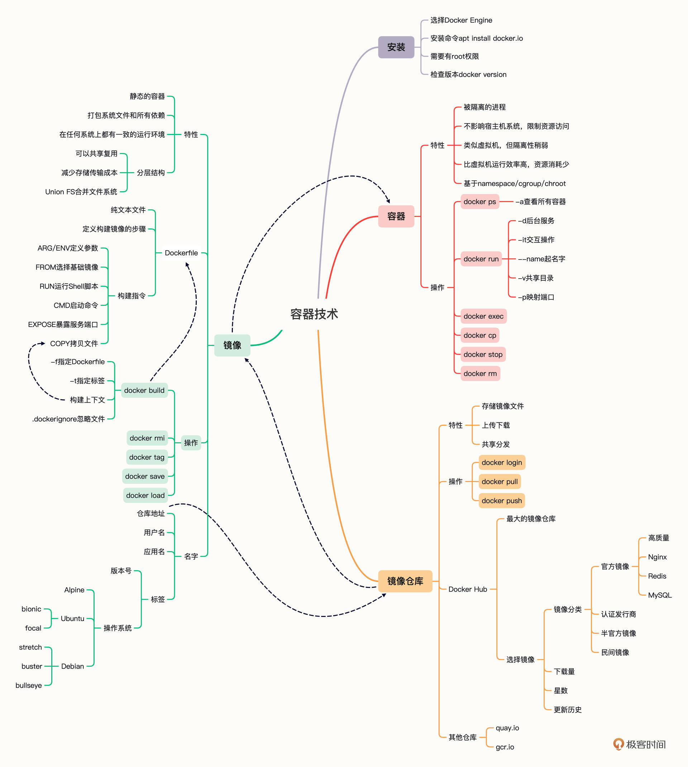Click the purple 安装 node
tap(396, 47)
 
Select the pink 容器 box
tap(396, 216)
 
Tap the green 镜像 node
tap(232, 345)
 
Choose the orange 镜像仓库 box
tap(405, 581)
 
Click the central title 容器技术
tap(314, 314)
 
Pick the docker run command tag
tap(481, 259)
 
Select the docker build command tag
tap(144, 390)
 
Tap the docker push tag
tap(501, 501)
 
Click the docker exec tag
tap(483, 316)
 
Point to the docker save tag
tap(145, 476)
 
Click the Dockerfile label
tap(181, 253)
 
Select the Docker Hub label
tap(468, 589)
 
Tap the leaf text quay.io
tap(507, 728)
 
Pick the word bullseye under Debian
tap(29, 685)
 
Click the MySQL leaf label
tap(660, 595)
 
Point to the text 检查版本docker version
tap(468, 74)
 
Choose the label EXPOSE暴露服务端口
tap(63, 324)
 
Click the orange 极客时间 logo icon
tap(618, 744)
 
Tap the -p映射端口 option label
tap(536, 297)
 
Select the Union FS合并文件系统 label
tap(81, 192)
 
